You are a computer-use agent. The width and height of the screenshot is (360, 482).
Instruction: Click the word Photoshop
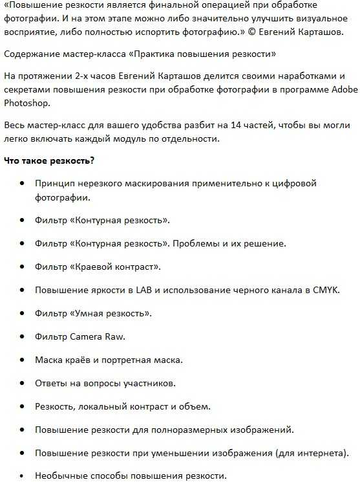26,102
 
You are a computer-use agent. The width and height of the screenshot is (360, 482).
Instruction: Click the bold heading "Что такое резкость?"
49,160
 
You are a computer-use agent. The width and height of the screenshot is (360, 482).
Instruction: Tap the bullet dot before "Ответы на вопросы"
22,383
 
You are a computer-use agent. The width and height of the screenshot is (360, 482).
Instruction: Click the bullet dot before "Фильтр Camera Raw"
22,336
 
